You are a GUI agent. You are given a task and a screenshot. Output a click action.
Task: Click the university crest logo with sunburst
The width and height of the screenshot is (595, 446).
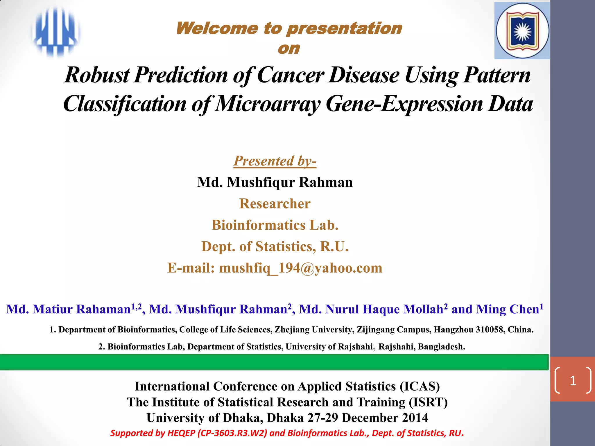522,31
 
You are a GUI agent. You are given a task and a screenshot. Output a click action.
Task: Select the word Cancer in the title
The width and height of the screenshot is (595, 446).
290,75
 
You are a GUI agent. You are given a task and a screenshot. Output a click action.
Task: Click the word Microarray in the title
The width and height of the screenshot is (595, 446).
268,104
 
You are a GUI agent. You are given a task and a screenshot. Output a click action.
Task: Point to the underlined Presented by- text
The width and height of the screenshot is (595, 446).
275,161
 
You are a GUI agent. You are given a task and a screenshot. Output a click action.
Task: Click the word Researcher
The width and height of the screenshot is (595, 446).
275,204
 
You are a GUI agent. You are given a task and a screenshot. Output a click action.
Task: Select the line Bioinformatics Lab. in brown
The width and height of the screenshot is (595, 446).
275,225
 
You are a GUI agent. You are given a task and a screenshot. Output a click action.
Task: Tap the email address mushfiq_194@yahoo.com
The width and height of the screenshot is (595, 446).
300,268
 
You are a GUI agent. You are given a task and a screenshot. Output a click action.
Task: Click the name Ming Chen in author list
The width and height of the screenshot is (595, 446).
508,309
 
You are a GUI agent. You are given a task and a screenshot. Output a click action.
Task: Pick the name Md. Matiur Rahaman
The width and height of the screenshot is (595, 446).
69,309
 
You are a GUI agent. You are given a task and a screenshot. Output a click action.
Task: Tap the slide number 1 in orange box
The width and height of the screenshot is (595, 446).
573,380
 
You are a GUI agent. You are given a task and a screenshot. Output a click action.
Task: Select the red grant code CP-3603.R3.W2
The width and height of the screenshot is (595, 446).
232,433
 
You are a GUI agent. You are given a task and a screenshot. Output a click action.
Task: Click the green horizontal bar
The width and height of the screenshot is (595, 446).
273,362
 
